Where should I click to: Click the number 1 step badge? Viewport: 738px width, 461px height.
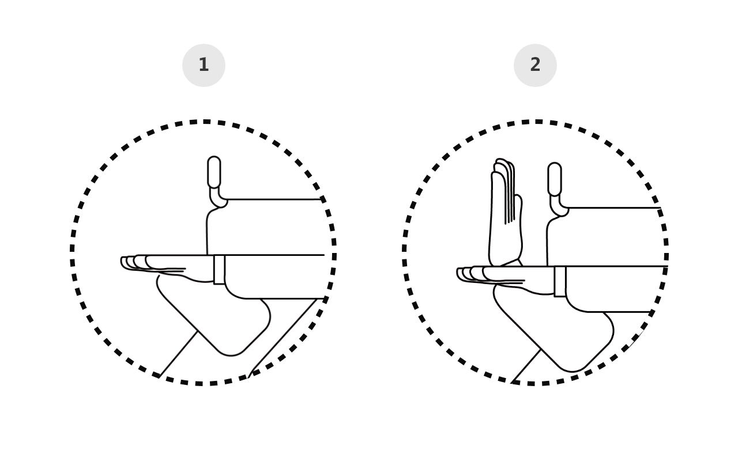pyautogui.click(x=204, y=65)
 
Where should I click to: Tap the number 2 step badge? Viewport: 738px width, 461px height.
pyautogui.click(x=535, y=65)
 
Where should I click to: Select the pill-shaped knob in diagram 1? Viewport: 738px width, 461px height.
pyautogui.click(x=214, y=172)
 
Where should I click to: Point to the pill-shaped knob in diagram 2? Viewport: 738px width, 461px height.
pyautogui.click(x=555, y=179)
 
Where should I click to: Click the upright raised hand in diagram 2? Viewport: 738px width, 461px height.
pyautogui.click(x=506, y=214)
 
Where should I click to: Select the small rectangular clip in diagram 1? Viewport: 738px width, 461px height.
pyautogui.click(x=219, y=269)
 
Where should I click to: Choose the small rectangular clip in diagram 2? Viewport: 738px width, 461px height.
pyautogui.click(x=560, y=282)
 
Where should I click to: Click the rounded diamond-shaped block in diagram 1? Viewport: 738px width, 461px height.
pyautogui.click(x=214, y=316)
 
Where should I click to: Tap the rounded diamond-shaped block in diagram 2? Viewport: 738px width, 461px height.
pyautogui.click(x=553, y=329)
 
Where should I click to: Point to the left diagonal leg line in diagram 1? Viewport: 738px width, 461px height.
pyautogui.click(x=178, y=354)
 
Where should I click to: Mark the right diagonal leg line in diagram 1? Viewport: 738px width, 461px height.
pyautogui.click(x=283, y=338)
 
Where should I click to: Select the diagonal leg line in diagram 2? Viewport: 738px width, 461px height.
pyautogui.click(x=526, y=366)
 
